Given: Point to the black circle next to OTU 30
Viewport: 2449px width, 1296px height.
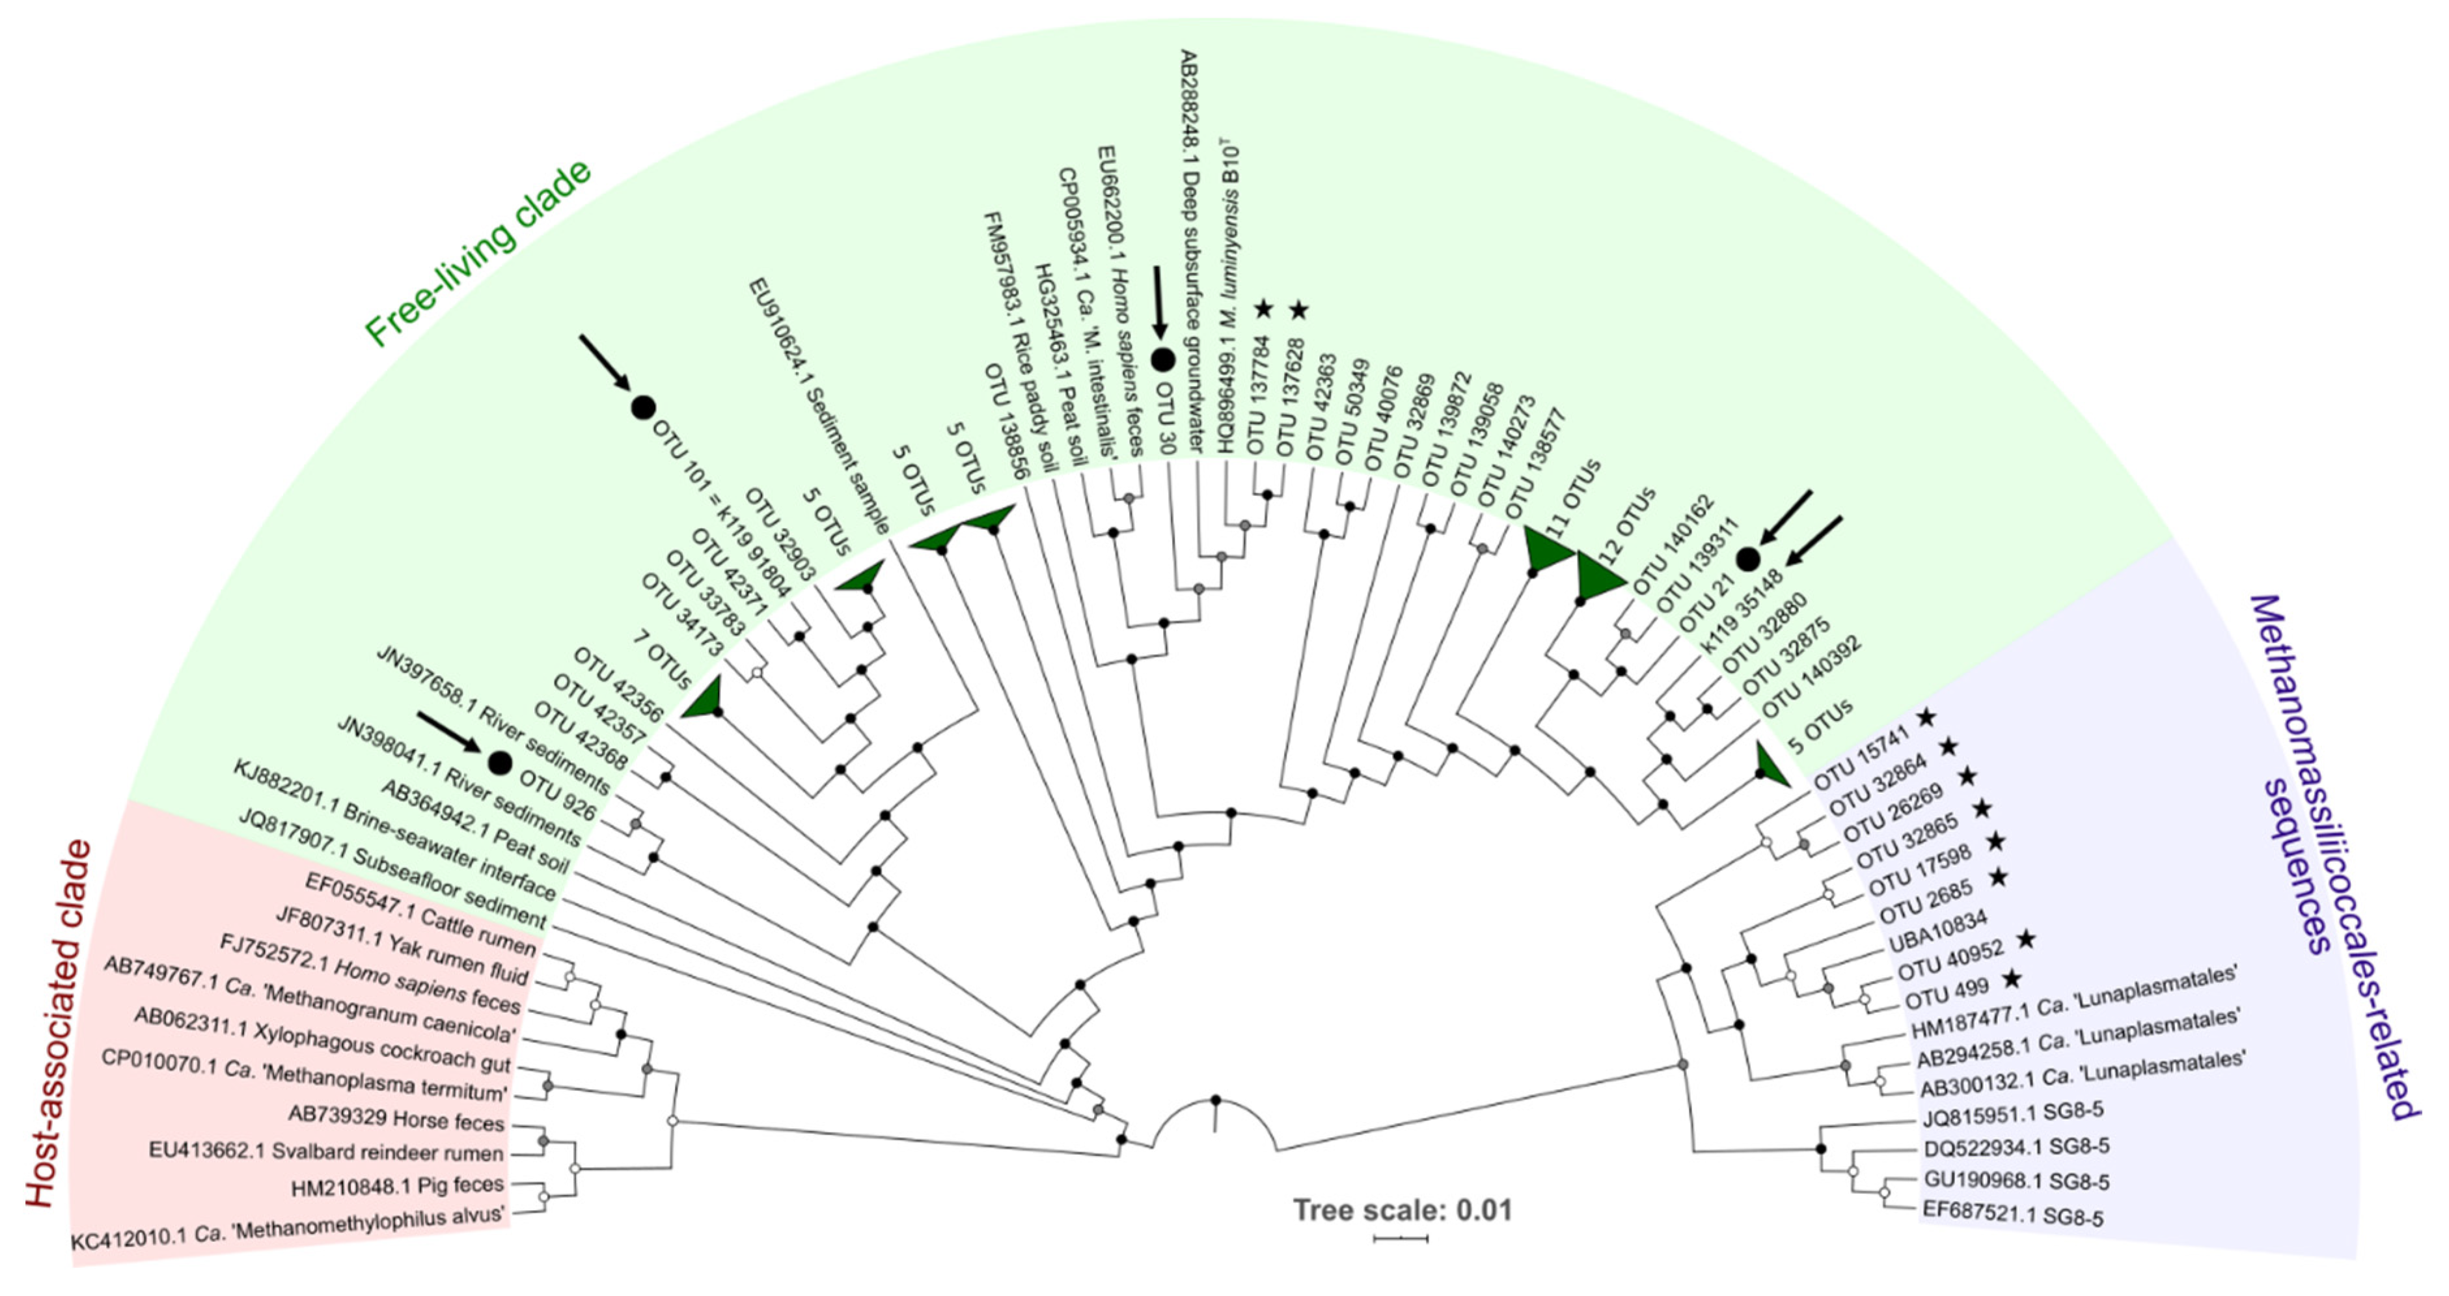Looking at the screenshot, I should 1162,359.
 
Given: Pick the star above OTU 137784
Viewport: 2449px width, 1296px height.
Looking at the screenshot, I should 1263,309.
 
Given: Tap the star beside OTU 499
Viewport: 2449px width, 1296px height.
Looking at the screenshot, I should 2011,978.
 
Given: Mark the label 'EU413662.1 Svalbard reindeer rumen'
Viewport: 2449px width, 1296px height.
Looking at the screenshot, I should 326,1151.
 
